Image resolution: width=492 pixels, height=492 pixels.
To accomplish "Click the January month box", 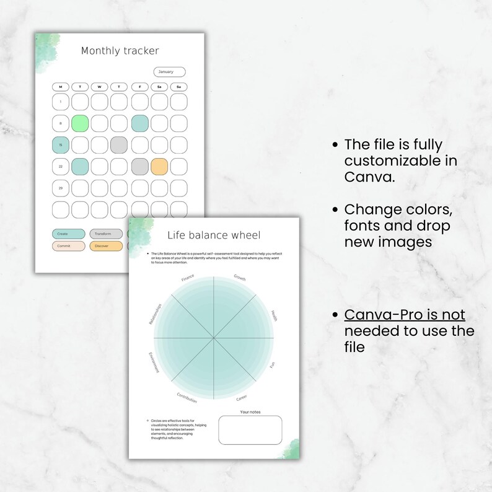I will [169, 72].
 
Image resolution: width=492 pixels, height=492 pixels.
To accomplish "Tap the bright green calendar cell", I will [81, 123].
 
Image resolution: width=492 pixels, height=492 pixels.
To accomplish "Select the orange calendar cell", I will [159, 166].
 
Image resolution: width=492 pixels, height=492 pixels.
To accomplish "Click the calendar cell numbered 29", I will [61, 188].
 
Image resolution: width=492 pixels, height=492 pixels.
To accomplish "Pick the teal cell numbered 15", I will [61, 145].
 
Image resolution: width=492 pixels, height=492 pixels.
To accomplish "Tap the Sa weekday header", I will [159, 86].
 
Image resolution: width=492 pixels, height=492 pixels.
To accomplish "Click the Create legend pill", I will [68, 234].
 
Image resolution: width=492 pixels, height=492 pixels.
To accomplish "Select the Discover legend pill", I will [106, 246].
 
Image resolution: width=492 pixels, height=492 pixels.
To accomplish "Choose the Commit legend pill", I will [68, 246].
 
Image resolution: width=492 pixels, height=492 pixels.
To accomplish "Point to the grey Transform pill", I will [106, 234].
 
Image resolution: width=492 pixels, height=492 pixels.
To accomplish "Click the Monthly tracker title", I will [120, 51].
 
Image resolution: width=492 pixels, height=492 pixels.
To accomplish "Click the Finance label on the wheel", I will [188, 278].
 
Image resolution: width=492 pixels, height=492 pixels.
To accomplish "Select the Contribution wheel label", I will [187, 398].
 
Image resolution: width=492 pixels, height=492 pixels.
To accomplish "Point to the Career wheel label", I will [241, 397].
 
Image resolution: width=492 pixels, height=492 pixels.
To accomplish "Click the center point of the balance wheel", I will [214, 338].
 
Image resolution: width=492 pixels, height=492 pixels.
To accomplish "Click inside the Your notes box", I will [250, 429].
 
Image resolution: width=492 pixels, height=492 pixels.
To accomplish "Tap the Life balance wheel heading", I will [214, 235].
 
